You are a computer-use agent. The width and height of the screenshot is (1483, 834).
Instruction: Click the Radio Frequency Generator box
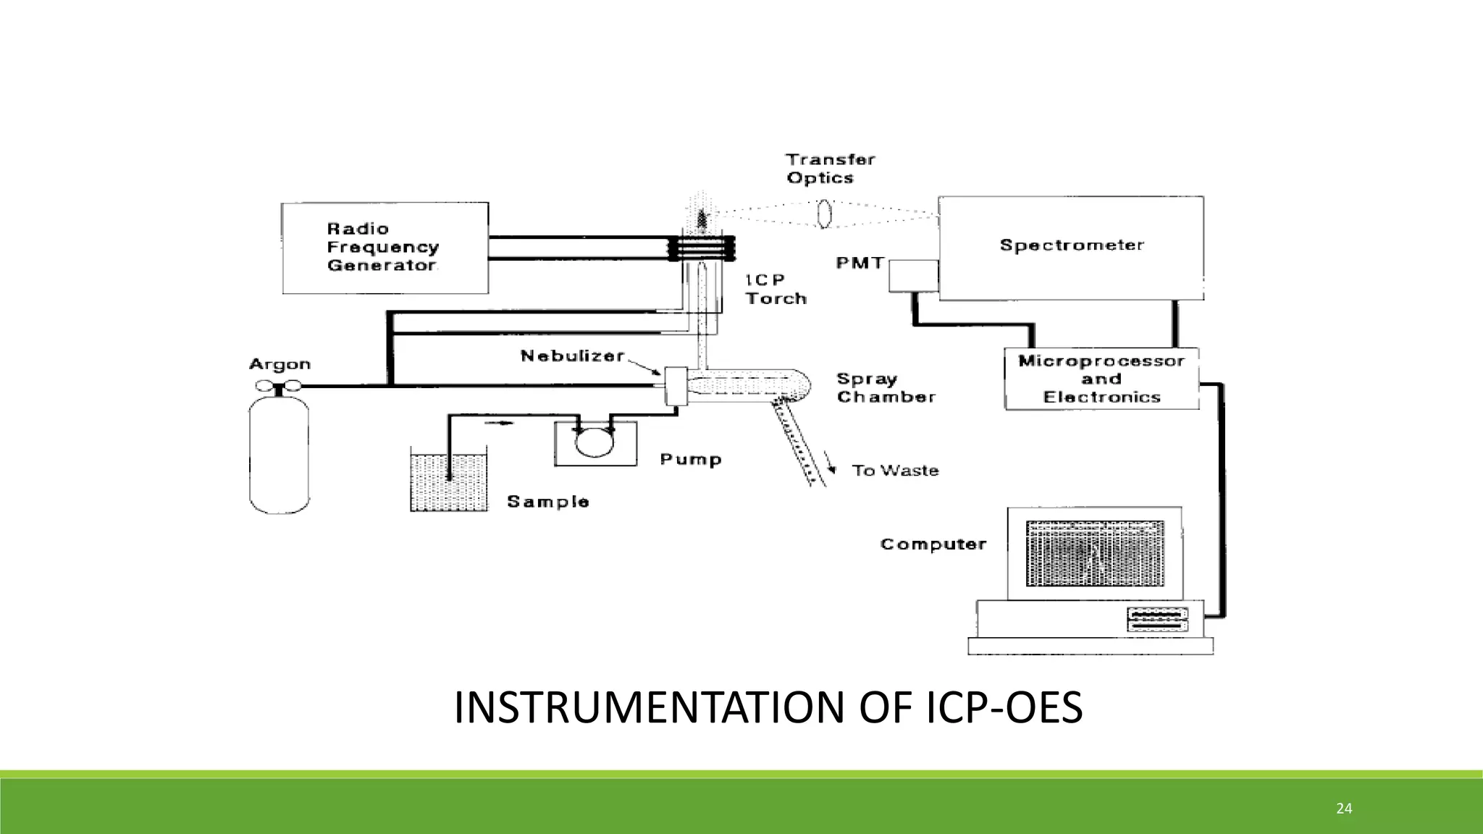coord(385,248)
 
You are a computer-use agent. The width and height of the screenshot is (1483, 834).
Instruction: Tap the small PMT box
coord(914,276)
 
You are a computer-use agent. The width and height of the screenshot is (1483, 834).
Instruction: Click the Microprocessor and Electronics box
coord(1101,379)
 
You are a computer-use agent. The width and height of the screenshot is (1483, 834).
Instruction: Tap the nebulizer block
coord(675,386)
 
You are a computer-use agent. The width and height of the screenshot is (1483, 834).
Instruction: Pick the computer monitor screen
coord(1095,553)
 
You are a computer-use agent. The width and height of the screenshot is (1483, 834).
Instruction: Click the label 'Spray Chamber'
coord(886,388)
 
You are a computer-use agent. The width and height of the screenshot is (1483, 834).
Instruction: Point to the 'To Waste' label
coord(895,471)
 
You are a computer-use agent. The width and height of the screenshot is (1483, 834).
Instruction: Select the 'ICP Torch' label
coord(776,289)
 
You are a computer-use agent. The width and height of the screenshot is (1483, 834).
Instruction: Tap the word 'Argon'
coord(280,364)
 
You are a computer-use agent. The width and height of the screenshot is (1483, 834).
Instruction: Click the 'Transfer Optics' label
coord(830,169)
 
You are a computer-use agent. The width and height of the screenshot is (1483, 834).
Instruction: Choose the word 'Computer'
coord(933,544)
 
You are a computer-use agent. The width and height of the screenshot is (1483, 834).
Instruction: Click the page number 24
coord(1344,809)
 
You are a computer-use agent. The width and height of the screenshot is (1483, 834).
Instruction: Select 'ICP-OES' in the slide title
coord(1004,708)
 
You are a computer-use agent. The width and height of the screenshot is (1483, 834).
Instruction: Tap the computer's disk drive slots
coord(1157,618)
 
